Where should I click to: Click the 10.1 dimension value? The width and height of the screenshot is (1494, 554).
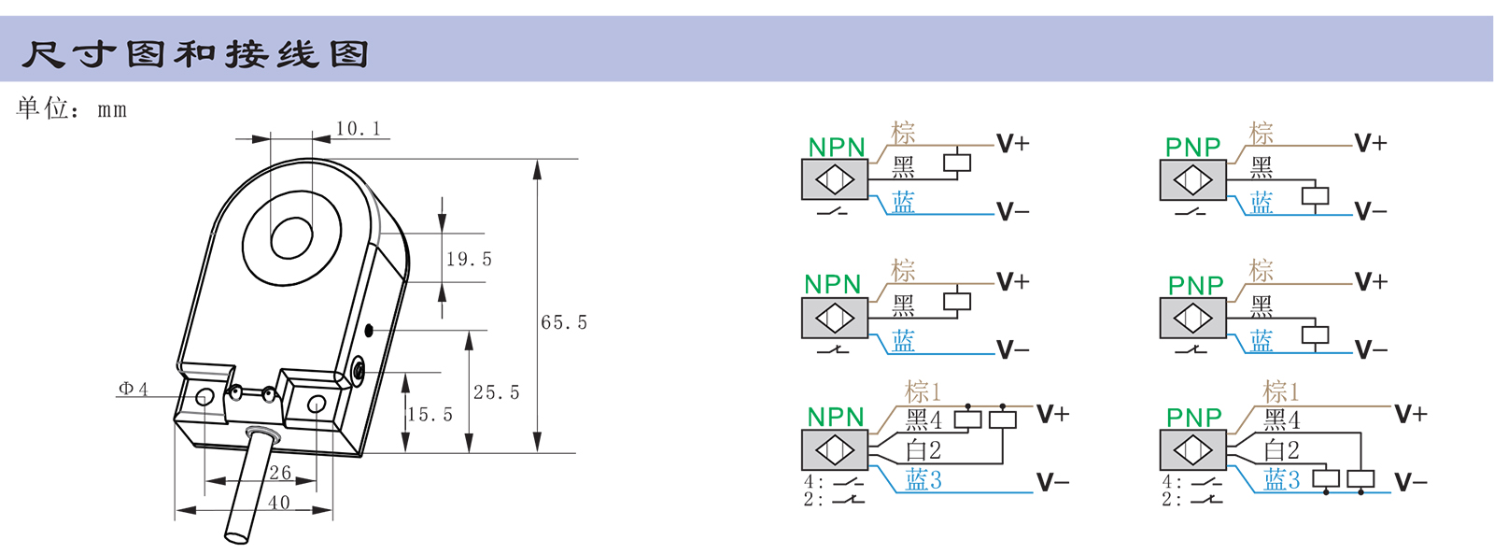359,129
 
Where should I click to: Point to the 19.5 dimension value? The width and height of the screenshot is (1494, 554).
469,259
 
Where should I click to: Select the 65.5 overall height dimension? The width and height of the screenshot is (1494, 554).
564,322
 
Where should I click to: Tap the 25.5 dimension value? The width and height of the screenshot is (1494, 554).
496,392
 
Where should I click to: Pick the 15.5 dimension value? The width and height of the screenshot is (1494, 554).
430,415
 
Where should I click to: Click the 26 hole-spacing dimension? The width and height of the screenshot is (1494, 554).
280,473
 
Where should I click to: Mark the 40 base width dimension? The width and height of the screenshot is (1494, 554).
279,503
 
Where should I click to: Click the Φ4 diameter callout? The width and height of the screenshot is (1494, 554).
133,389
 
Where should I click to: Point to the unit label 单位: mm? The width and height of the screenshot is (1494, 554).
71,108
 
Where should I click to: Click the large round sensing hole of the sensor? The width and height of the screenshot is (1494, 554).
291,238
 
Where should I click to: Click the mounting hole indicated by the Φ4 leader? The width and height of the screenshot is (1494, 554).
204,397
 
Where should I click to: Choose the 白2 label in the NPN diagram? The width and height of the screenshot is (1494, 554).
923,450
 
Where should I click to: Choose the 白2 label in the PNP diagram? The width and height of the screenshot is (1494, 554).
1282,450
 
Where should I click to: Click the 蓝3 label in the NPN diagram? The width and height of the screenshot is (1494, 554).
923,480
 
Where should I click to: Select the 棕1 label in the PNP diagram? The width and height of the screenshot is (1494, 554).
1281,391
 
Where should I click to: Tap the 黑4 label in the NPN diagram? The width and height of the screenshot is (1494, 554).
923,420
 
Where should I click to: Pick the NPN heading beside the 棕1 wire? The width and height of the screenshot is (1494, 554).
836,417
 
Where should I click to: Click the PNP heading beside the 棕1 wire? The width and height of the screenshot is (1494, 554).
1194,417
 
